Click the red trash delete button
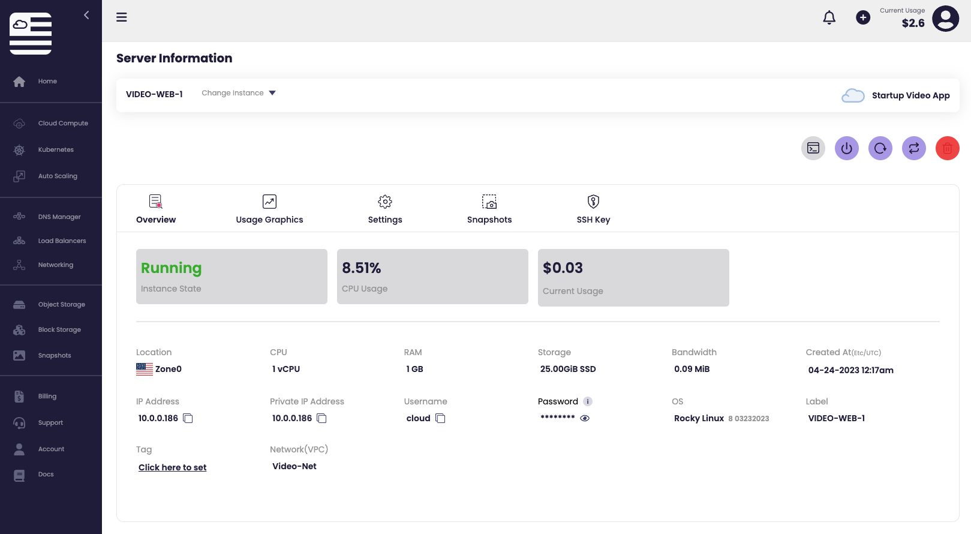947,148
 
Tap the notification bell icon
829,18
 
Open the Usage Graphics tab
269,209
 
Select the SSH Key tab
593,209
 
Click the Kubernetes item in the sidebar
55,150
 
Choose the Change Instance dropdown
239,93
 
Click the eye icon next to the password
585,418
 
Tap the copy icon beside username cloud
440,418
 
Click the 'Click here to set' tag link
172,467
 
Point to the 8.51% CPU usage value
362,268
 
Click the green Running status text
171,268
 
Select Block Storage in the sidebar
59,330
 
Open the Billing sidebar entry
47,397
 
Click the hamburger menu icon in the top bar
122,17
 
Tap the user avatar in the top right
945,19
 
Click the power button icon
846,148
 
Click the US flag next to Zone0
144,369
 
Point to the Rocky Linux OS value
699,418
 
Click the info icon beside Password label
588,401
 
